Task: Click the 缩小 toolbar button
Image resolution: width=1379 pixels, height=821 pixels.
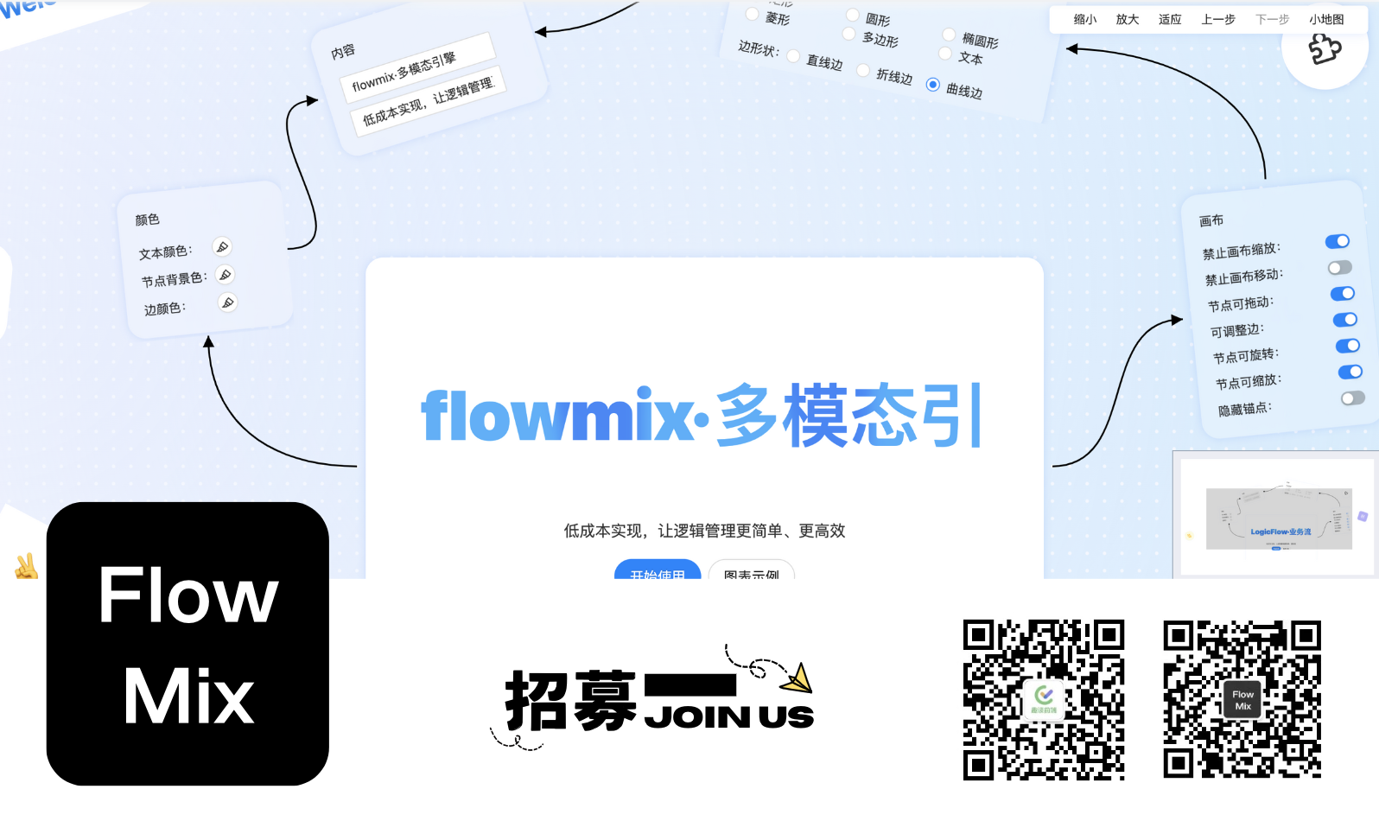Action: pyautogui.click(x=1084, y=19)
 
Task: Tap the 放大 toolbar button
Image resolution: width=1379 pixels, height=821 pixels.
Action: pyautogui.click(x=1127, y=19)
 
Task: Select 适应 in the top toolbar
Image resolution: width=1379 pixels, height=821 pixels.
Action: pyautogui.click(x=1169, y=19)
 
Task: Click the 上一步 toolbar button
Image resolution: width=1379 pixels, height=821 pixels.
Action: pyautogui.click(x=1218, y=19)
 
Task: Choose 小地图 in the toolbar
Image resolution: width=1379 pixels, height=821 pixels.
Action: pyautogui.click(x=1325, y=19)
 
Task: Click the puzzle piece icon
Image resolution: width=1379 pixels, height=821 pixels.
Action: pyautogui.click(x=1325, y=48)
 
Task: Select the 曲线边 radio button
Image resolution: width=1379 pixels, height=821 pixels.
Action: pyautogui.click(x=933, y=85)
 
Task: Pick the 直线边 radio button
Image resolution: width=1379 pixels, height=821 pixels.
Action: pyautogui.click(x=793, y=57)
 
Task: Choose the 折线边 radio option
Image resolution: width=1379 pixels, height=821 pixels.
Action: pyautogui.click(x=863, y=71)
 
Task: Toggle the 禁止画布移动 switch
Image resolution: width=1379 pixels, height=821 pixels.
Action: pyautogui.click(x=1340, y=268)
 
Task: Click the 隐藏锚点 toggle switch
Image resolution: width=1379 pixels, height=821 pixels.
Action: pyautogui.click(x=1353, y=398)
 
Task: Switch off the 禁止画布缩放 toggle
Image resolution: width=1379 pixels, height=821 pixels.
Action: pyautogui.click(x=1338, y=241)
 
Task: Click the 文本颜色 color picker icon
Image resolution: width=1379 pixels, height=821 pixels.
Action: pyautogui.click(x=222, y=247)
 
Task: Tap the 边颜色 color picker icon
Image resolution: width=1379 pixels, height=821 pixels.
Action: pyautogui.click(x=227, y=302)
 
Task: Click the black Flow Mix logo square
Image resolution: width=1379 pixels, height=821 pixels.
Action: pyautogui.click(x=187, y=644)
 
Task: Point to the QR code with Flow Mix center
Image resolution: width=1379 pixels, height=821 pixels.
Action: pyautogui.click(x=1242, y=699)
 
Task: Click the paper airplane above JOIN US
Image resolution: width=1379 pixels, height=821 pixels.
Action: pyautogui.click(x=798, y=678)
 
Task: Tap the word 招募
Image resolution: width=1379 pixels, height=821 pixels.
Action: pyautogui.click(x=570, y=701)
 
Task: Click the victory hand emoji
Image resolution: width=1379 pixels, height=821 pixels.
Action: pyautogui.click(x=26, y=567)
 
